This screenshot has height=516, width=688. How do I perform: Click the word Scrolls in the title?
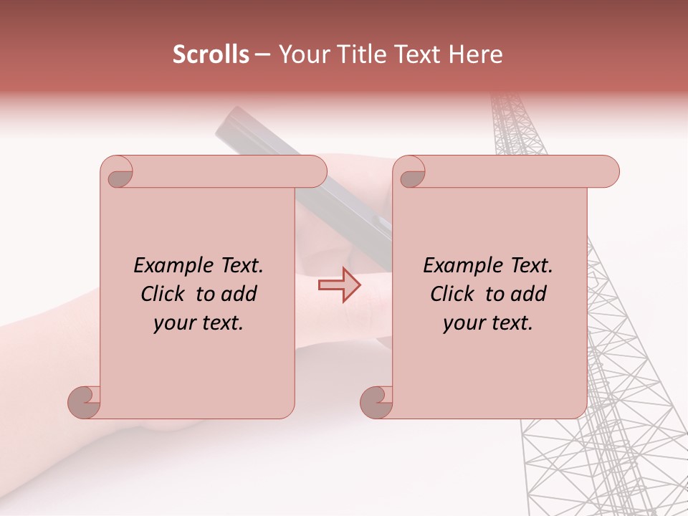[211, 54]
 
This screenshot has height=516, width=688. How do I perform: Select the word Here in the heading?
[477, 54]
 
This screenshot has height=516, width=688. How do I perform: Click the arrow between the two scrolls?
[340, 285]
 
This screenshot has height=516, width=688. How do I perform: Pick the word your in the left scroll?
[173, 323]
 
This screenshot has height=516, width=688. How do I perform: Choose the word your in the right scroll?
[462, 323]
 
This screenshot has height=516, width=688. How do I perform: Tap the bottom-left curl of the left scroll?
[85, 403]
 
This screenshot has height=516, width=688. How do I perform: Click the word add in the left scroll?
[240, 294]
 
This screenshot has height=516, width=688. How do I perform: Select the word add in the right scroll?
[530, 294]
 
